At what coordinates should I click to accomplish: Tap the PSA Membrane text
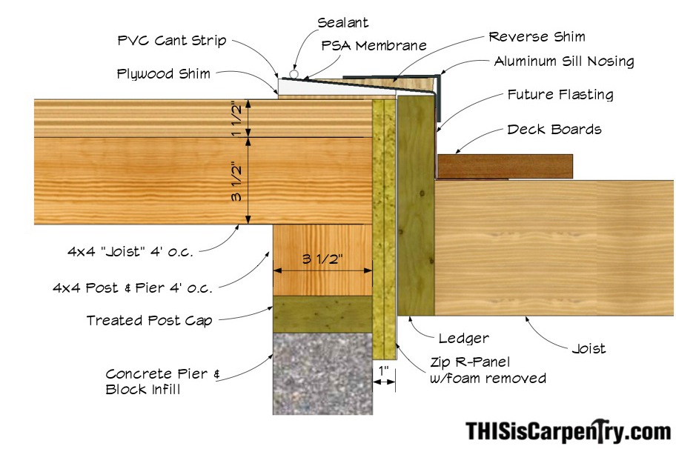click(x=374, y=45)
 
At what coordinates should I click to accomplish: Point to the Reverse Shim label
click(x=537, y=36)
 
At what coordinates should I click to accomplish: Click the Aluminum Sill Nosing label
click(x=564, y=61)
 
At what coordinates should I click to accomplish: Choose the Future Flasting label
click(x=560, y=95)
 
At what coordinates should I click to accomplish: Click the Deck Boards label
click(x=554, y=130)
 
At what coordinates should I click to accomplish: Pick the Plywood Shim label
click(x=163, y=74)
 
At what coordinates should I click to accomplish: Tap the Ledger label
click(x=464, y=339)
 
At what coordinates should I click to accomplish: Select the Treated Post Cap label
click(x=149, y=321)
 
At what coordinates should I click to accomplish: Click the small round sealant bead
click(x=294, y=75)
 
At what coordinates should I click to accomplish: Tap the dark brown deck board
click(x=505, y=166)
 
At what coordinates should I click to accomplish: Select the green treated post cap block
click(x=322, y=314)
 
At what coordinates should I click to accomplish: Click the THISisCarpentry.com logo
click(x=568, y=430)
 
